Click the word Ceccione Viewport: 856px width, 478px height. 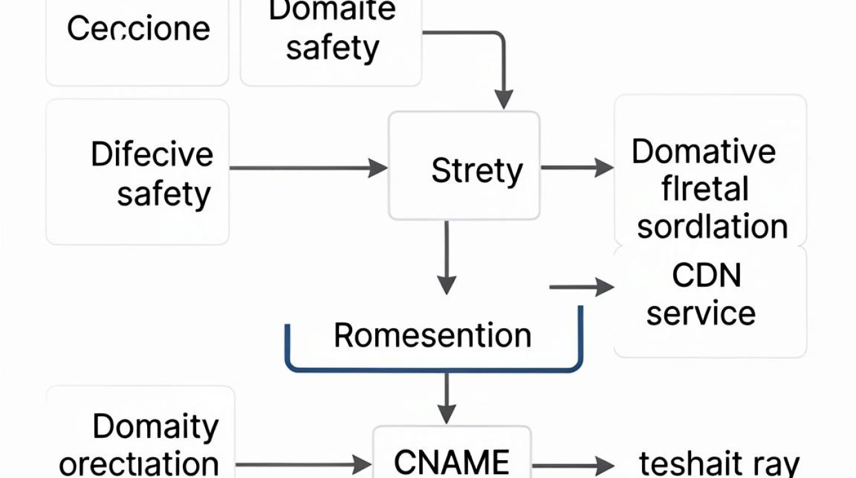tap(138, 28)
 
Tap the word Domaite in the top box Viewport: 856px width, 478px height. tap(332, 10)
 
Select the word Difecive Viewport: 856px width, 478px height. tap(152, 154)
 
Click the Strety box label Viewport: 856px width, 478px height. tap(477, 171)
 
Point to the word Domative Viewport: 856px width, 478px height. tap(704, 152)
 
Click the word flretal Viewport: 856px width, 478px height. tap(704, 189)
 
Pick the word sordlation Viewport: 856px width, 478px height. tap(712, 226)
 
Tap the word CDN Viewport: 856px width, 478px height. tap(706, 275)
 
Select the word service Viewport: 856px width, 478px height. tap(701, 313)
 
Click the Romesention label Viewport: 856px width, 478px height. tap(432, 335)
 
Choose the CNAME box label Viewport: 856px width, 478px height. tap(452, 461)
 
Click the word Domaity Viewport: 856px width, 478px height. tap(155, 427)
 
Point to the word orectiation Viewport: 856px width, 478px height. tap(139, 464)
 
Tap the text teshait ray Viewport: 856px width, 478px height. tap(719, 464)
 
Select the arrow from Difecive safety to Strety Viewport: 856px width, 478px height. tap(308, 168)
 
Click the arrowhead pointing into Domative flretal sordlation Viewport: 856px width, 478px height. tap(604, 168)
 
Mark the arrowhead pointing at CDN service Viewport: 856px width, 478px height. tap(604, 287)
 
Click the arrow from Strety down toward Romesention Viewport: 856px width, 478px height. tap(446, 257)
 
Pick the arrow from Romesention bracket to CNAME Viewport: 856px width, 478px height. tap(446, 398)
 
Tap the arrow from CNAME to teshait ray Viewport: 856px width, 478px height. tap(573, 466)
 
